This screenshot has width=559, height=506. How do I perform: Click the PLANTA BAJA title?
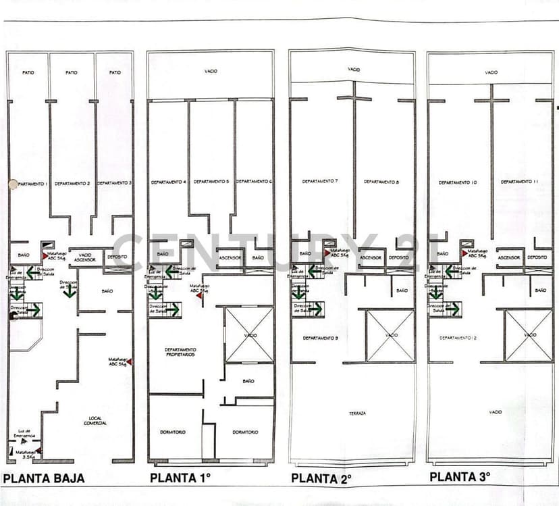pos(44,478)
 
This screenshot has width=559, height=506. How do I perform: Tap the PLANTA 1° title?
pos(180,478)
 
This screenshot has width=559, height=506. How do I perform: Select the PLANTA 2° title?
pos(321,478)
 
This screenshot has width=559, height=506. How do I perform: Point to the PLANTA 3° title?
pos(460,477)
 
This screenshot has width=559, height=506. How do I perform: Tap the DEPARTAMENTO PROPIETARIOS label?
pos(180,352)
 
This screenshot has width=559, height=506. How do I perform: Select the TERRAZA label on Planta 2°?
pos(357,413)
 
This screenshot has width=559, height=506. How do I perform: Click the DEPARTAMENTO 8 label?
pos(381,181)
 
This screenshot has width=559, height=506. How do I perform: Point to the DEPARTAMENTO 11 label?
pos(520,182)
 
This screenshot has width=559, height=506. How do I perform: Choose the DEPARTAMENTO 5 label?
pos(211,182)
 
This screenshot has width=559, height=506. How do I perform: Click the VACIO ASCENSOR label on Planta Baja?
pos(84,257)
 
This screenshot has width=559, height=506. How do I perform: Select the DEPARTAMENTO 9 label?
pos(320,337)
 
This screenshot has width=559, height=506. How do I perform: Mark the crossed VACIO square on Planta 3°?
pos(529,336)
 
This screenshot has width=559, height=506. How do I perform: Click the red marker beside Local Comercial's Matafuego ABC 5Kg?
pos(129,362)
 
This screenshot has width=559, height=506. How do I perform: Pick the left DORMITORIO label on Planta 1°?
pos(174,432)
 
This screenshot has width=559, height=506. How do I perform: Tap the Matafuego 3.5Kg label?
pos(26,454)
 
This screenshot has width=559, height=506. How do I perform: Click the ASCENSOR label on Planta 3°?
pos(508,257)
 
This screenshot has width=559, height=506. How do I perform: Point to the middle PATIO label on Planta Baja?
pos(72,72)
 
